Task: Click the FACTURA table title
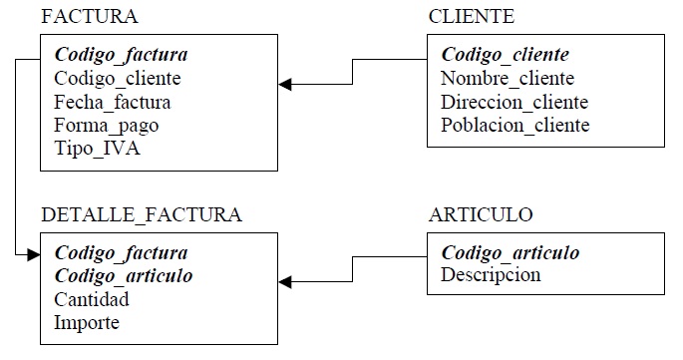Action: (89, 17)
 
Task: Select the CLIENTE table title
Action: (472, 17)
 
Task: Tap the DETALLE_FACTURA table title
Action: (142, 214)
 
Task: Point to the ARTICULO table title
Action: (481, 214)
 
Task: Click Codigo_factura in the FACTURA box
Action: (121, 54)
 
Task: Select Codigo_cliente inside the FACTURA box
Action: (118, 78)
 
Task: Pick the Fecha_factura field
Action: (112, 102)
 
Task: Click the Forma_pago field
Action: (106, 126)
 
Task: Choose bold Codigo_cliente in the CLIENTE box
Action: (505, 54)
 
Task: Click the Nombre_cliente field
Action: (508, 78)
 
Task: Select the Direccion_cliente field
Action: (514, 102)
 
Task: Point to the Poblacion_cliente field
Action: (514, 126)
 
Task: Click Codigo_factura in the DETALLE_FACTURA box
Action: (121, 252)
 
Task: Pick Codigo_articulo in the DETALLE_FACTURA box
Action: (124, 275)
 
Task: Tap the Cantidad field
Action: (92, 299)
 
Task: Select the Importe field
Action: (87, 323)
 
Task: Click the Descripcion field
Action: (491, 275)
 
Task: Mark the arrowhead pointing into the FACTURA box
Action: (286, 85)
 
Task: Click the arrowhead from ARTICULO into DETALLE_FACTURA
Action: (286, 283)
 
